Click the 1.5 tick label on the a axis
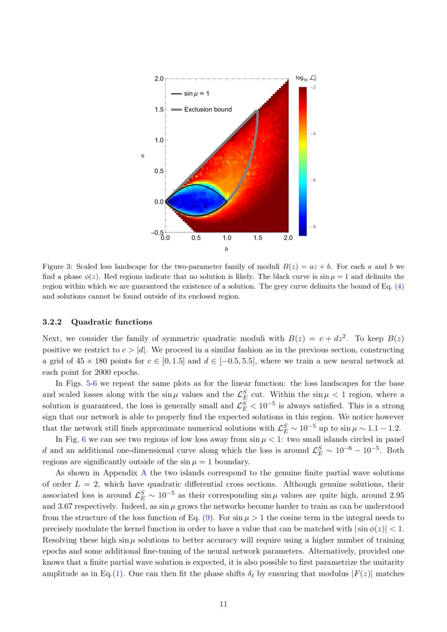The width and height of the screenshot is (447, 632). pyautogui.click(x=158, y=109)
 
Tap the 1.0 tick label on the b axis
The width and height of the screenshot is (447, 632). pyautogui.click(x=226, y=238)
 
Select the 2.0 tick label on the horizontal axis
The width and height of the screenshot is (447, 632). pyautogui.click(x=288, y=238)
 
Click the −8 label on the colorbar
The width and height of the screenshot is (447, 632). pyautogui.click(x=313, y=227)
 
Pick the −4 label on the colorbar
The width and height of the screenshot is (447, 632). pyautogui.click(x=313, y=133)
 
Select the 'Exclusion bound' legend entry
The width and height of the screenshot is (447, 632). pyautogui.click(x=208, y=109)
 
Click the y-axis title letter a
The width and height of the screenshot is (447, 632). pyautogui.click(x=143, y=156)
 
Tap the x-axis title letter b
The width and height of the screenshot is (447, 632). pyautogui.click(x=226, y=249)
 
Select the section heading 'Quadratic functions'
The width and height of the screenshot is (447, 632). pyautogui.click(x=112, y=322)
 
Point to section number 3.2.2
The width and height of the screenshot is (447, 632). pyautogui.click(x=53, y=322)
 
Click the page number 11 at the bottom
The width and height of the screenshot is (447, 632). pyautogui.click(x=223, y=604)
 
